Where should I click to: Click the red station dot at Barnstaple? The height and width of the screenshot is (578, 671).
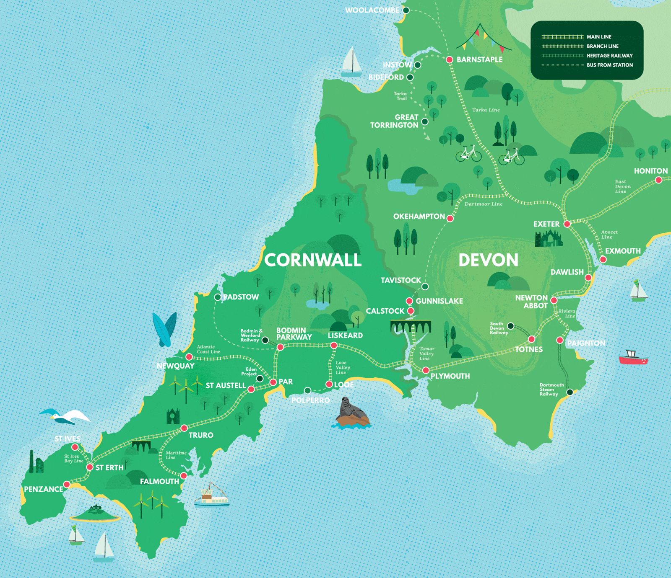pos(449,60)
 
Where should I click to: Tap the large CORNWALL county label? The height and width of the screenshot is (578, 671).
pos(313,260)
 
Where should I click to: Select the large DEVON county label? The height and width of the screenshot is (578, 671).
pos(488,260)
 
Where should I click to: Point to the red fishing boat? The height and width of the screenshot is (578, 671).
pos(633,357)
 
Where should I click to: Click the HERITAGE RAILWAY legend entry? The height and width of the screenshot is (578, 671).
pos(609,56)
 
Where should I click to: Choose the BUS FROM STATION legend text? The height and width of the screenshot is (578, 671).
pos(609,65)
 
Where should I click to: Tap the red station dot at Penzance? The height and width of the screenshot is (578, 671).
pos(66,485)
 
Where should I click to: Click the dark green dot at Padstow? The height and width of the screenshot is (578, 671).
pos(218,297)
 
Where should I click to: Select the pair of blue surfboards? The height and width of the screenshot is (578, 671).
pos(165,329)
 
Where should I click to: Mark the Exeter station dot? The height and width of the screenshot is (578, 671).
pos(567,224)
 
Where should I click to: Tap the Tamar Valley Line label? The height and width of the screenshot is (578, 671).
pos(427,354)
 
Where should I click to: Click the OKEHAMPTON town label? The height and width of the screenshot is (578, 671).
pos(419,217)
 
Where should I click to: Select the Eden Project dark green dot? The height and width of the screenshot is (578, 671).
pos(260,379)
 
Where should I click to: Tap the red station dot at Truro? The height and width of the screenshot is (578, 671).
pos(184,428)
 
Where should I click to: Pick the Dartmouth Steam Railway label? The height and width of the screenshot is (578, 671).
pos(551,390)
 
